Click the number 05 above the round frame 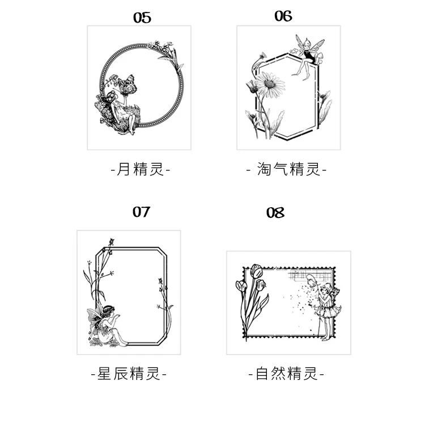click(142, 18)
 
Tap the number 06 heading click(283, 16)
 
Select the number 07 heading click(141, 212)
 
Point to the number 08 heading click(275, 213)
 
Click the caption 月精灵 click(139, 169)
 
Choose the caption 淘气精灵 click(287, 169)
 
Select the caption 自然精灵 click(286, 374)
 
